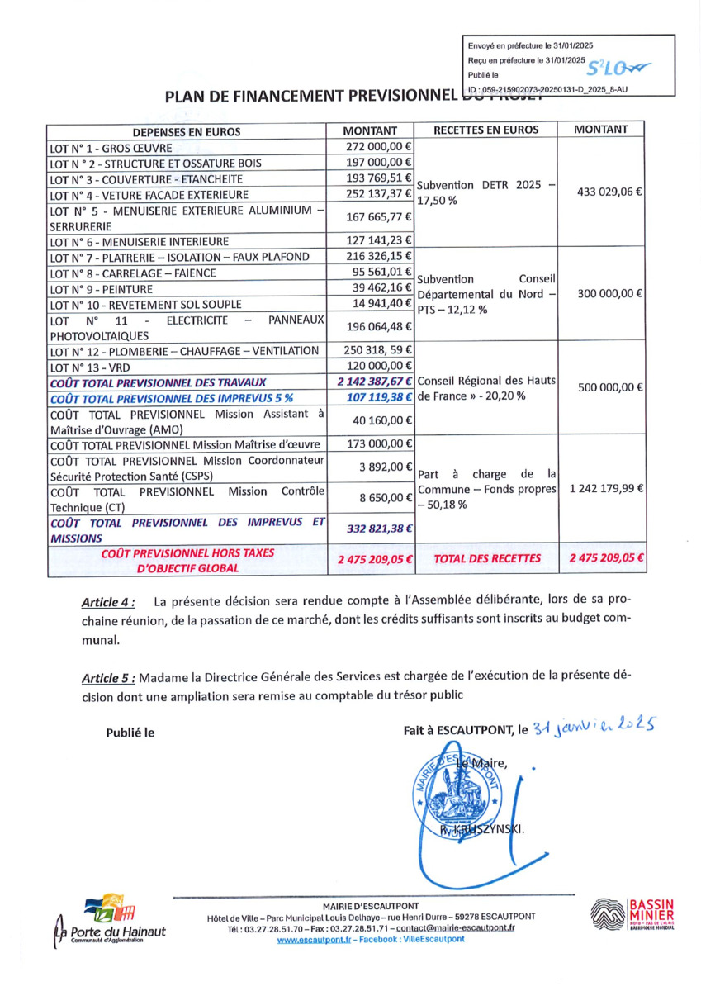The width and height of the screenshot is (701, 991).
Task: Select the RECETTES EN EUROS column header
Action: [x=485, y=130]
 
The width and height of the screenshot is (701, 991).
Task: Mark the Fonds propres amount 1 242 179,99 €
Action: [x=604, y=488]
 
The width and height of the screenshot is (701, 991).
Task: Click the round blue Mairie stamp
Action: [x=459, y=792]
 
